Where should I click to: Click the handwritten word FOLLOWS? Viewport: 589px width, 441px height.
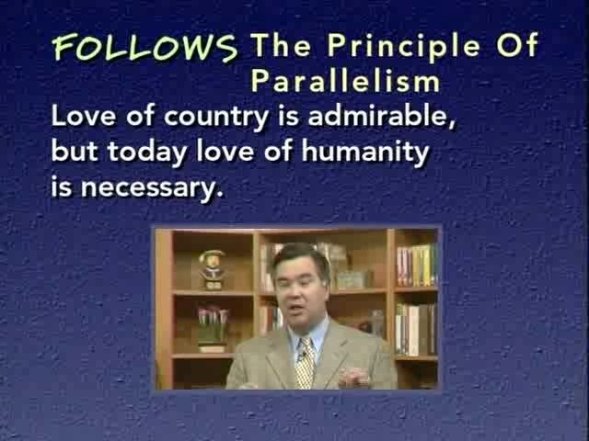point(145,47)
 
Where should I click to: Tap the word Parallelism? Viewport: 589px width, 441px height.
point(345,82)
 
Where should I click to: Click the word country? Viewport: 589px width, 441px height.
point(216,117)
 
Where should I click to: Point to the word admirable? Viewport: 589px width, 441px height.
point(382,115)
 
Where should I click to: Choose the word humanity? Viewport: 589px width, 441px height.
point(365,153)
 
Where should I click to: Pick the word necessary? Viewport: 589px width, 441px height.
point(152,187)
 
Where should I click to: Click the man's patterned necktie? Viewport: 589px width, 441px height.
point(305,363)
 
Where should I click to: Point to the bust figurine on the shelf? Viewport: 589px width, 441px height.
point(212,269)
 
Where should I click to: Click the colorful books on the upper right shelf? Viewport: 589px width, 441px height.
point(417,266)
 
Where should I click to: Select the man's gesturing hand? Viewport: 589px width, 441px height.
point(353,377)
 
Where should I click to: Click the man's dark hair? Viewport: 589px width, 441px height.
point(301,258)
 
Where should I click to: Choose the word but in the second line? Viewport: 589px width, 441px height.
point(75,151)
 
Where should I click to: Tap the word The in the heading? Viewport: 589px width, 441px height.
point(281,45)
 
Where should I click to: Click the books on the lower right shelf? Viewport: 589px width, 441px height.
point(415,329)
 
